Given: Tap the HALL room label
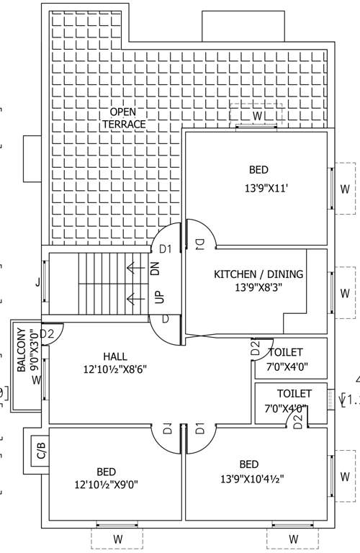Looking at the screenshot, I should point(114,356).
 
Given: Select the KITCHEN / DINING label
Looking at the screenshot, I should point(258,274).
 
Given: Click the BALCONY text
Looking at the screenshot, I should point(21,349).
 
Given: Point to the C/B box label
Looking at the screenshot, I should point(40,452).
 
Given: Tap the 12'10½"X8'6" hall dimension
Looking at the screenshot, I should point(115,371).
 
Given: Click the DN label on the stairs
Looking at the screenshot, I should point(156,269).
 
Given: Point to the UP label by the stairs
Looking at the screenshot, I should point(159,297).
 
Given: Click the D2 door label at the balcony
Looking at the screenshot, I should point(48,333).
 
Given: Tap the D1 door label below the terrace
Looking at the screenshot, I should point(165,249).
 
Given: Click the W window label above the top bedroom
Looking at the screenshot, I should point(257,115).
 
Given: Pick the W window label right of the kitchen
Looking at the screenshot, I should point(344,293).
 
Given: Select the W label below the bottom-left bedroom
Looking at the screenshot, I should point(117,539).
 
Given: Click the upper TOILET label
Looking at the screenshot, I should point(286,352).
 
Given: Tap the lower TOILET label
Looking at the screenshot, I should point(294,394).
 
